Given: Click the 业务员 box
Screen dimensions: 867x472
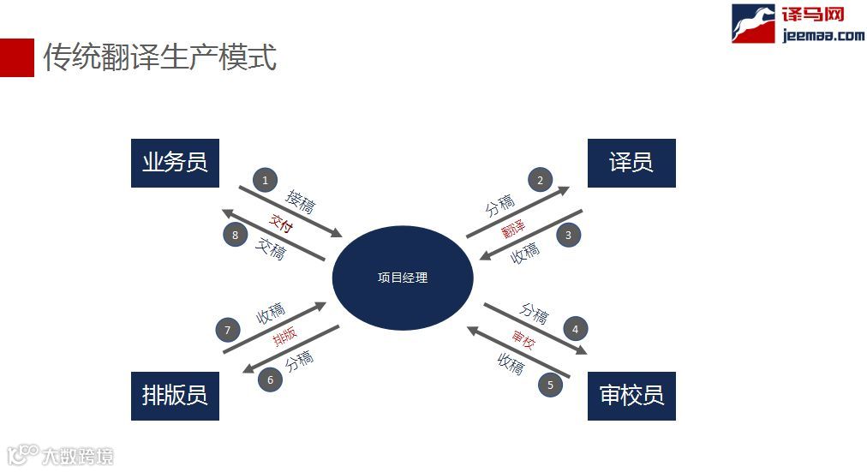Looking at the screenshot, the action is click(175, 163).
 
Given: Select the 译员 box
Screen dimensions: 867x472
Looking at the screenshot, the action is click(631, 163).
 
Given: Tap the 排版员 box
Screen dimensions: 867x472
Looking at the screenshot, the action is click(175, 396).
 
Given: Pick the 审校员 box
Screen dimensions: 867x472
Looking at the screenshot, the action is click(631, 396).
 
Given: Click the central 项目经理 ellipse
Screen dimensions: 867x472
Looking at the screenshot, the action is click(403, 278).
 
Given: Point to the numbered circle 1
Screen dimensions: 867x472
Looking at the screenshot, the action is click(266, 180).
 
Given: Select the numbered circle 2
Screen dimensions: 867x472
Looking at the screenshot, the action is click(540, 180).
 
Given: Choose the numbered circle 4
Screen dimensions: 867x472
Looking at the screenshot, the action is click(576, 328).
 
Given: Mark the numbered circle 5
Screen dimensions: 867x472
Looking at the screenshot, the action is click(551, 385).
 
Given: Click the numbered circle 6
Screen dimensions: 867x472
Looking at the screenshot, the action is click(271, 379).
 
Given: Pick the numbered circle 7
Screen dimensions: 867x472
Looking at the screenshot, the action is click(228, 330).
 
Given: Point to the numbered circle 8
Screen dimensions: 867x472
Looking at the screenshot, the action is click(236, 234).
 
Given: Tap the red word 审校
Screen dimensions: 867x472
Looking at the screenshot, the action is click(523, 340).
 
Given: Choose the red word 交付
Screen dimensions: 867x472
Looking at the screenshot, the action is click(281, 222).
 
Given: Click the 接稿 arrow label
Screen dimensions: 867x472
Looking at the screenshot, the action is click(300, 202).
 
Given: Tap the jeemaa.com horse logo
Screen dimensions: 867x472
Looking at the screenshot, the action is click(752, 23).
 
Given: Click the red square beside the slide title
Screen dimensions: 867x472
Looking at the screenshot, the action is click(16, 57).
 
